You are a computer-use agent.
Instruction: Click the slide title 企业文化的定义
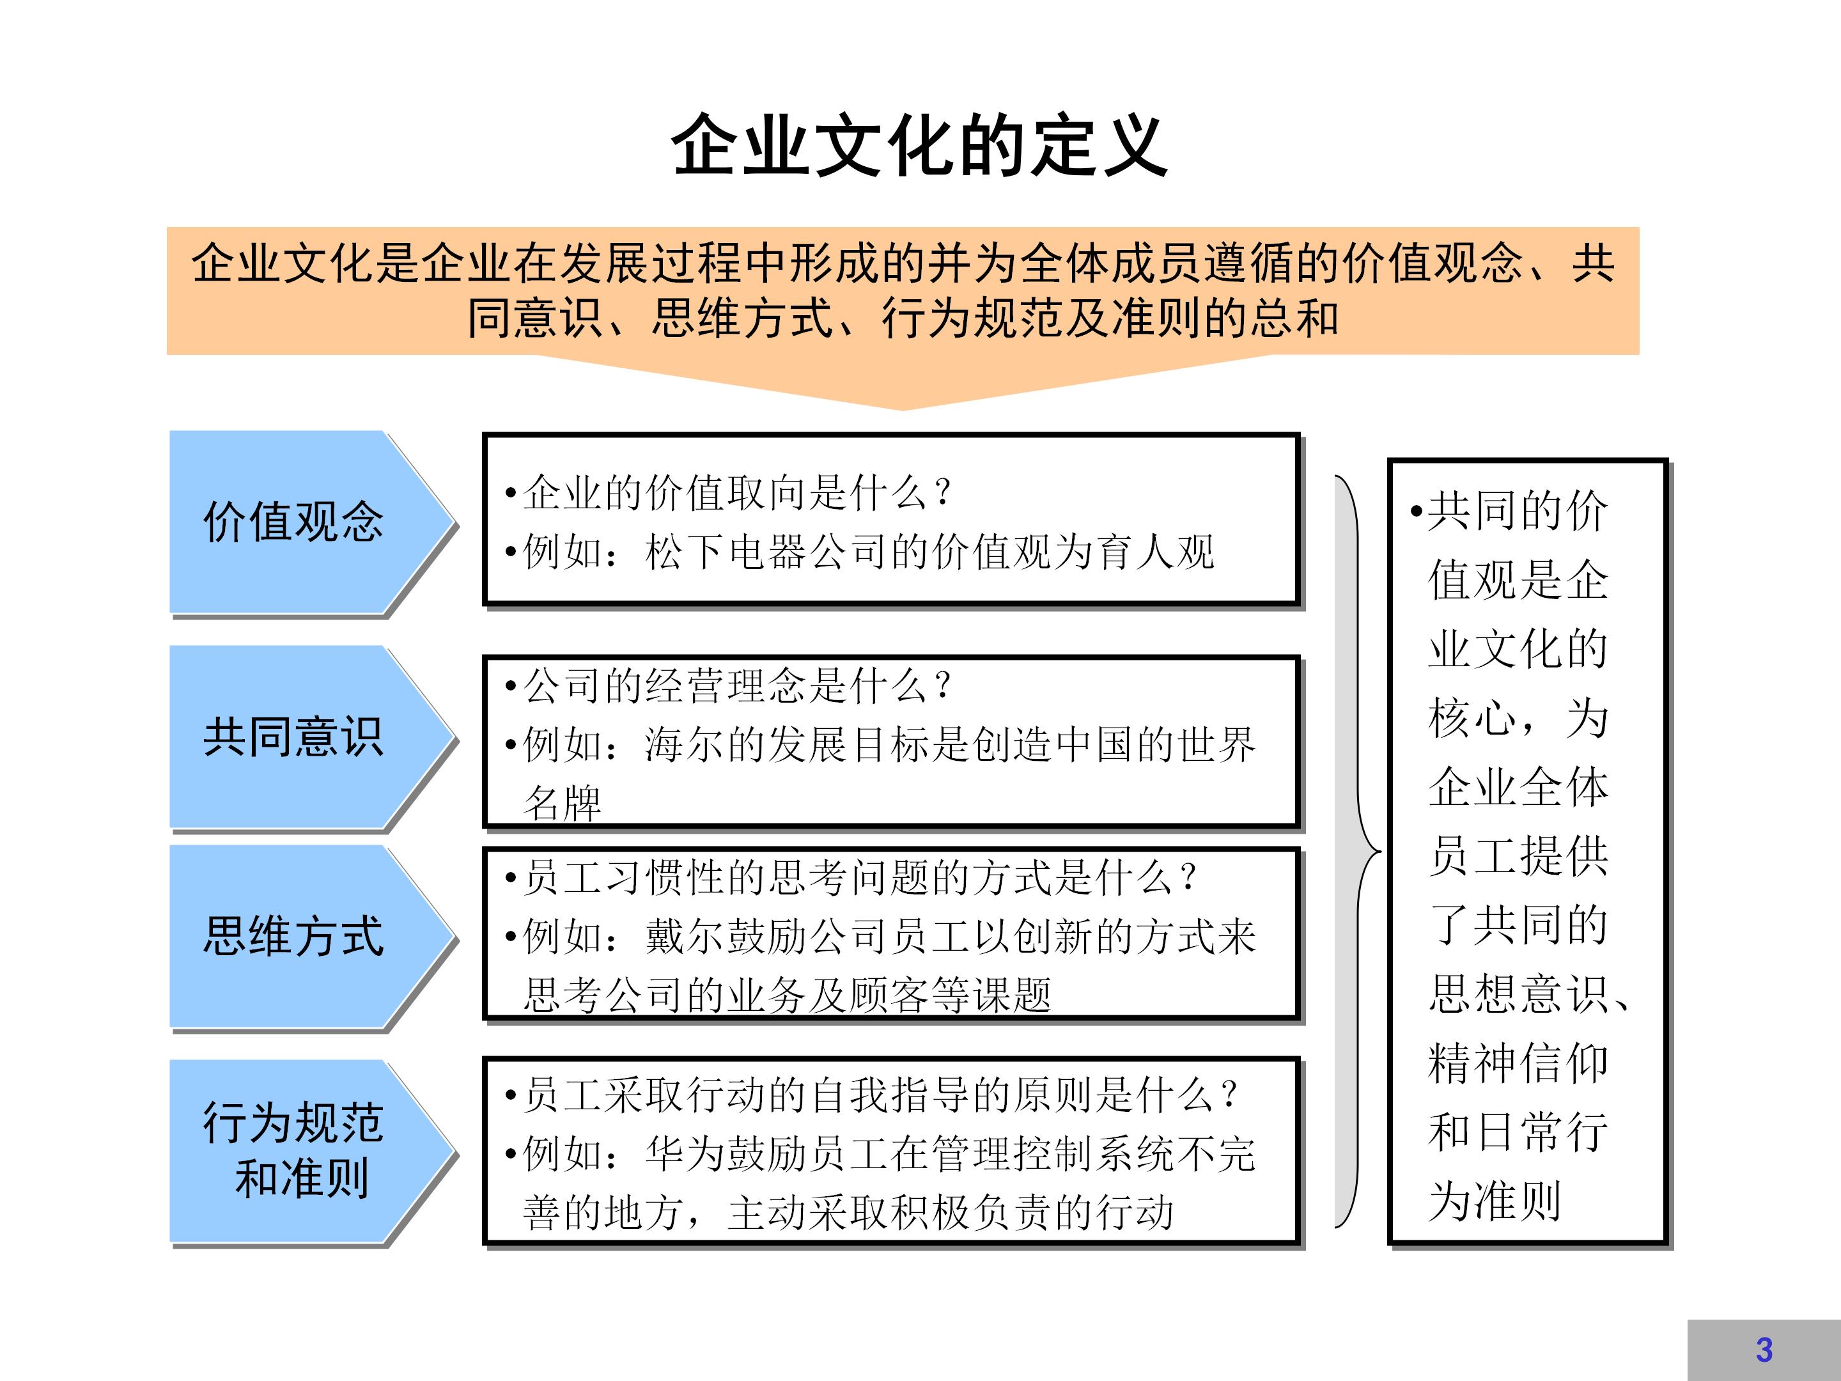pos(920,146)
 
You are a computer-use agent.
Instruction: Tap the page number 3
pos(1764,1350)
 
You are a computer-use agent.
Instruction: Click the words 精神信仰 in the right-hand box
pos(1518,1063)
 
